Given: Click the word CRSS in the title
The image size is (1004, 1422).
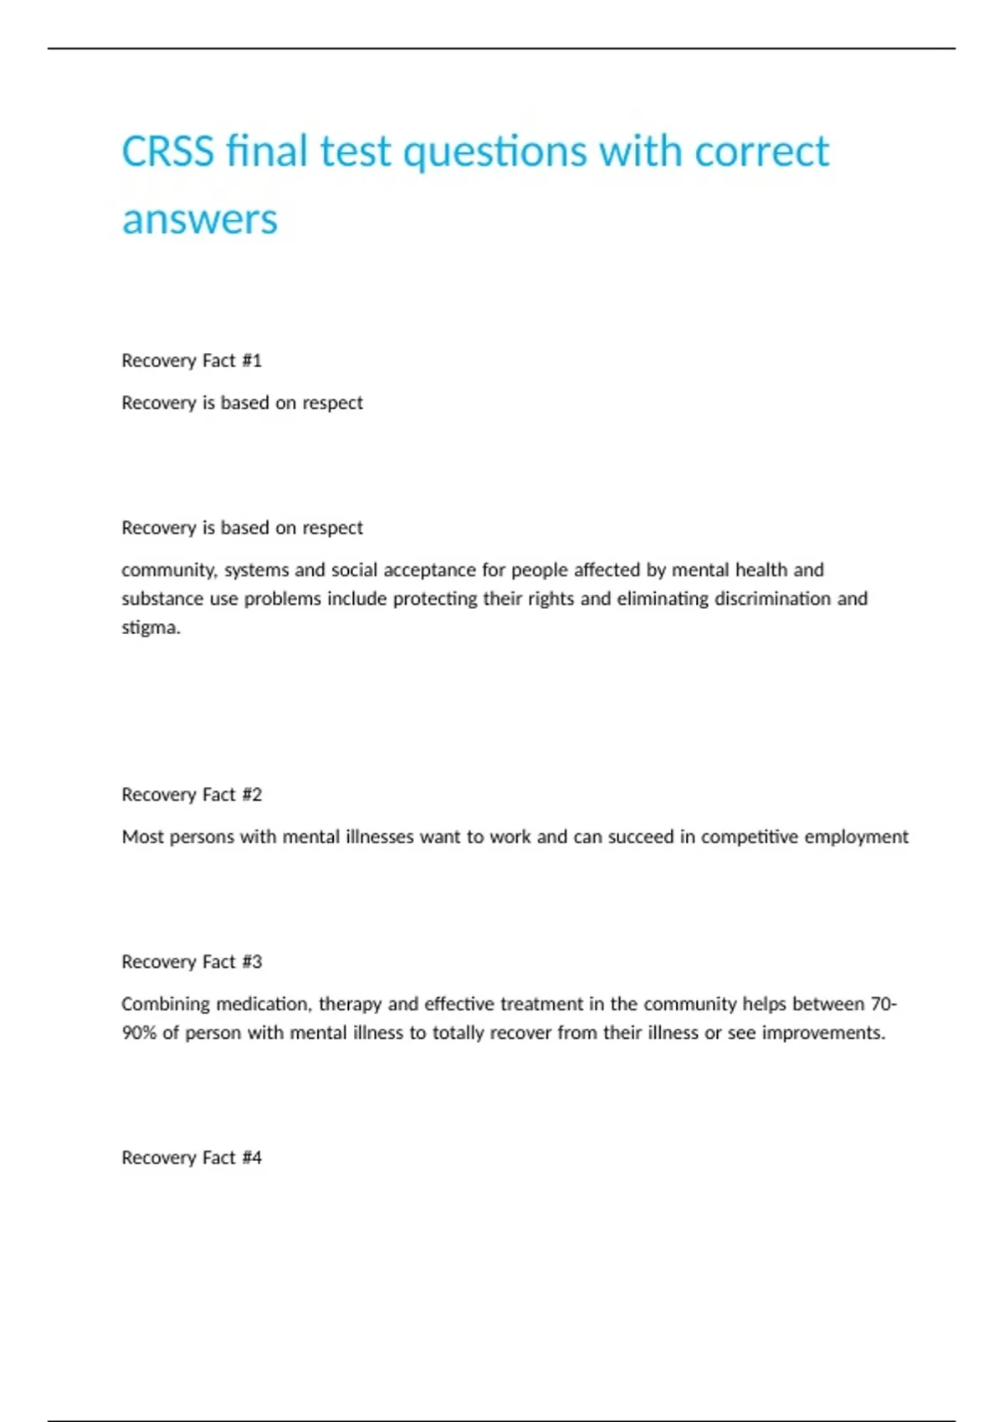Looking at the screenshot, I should point(167,152).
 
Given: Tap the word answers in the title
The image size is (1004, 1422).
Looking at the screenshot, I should point(199,220).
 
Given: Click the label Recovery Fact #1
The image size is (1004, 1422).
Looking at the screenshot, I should point(192,361).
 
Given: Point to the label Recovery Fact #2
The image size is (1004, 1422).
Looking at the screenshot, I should point(192,795).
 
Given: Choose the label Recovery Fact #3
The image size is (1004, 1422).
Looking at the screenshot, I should point(192,962).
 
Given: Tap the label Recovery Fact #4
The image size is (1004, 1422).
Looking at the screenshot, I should point(192,1158).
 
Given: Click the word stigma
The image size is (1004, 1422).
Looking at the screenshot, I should point(151,627).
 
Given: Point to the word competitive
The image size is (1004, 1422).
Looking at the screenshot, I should point(749,837).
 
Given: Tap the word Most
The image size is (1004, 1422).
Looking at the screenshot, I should point(142,837).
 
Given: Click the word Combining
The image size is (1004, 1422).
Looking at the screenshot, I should point(165,1004).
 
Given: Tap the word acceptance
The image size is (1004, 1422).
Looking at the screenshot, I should point(429,570).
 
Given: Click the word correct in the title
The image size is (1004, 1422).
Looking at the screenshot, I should point(761,152).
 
